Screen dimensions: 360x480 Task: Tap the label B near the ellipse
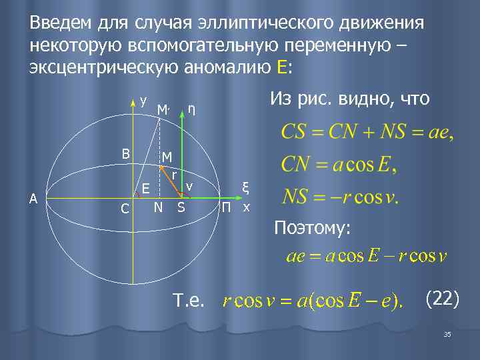125,153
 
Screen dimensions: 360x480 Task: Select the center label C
125,209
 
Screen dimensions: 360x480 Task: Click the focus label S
181,207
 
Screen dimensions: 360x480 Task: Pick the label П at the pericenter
227,207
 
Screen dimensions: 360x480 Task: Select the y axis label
144,100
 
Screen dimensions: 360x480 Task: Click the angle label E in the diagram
145,189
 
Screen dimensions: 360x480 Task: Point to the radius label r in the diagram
174,174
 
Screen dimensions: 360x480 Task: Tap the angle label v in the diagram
189,186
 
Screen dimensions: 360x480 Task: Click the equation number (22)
442,299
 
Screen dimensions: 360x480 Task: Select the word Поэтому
313,229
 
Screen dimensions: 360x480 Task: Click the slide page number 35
447,334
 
